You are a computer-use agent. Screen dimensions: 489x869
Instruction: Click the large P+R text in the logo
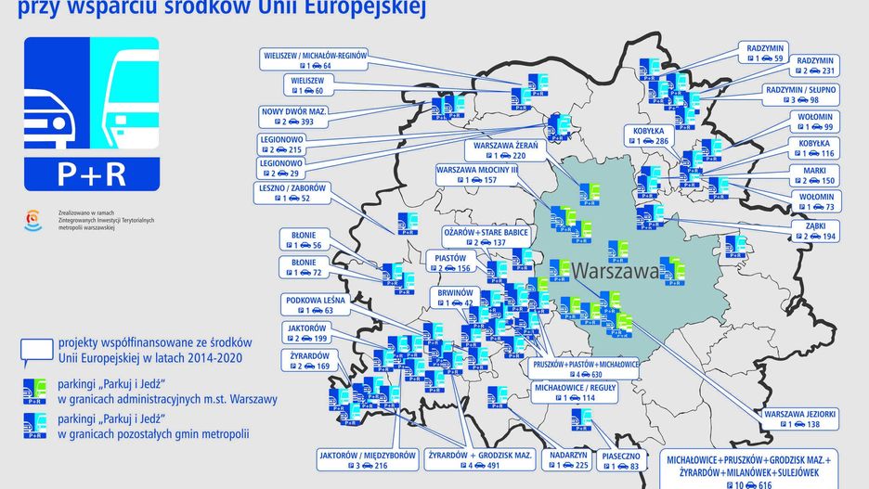[91, 174]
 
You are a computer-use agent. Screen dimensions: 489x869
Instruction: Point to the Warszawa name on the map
[616, 271]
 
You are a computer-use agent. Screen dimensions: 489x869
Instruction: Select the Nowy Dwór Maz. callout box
[294, 116]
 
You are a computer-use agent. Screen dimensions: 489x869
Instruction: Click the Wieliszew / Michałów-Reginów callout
[316, 60]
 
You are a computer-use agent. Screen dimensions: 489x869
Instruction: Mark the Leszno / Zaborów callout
[292, 192]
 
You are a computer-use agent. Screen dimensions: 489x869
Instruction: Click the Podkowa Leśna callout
[317, 304]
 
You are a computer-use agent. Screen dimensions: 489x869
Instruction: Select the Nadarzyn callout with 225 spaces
[569, 460]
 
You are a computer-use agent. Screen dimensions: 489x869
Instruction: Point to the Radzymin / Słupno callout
[800, 95]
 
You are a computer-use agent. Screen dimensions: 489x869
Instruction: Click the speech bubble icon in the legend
[37, 350]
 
